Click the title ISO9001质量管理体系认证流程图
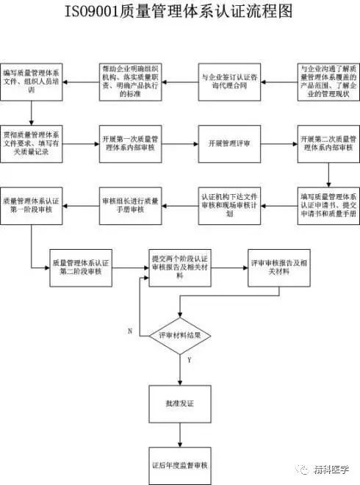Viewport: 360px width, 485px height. (180, 12)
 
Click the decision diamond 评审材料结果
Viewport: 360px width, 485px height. (179, 334)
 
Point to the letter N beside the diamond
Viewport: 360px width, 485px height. (130, 331)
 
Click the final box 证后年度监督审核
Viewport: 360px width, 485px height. (179, 465)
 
